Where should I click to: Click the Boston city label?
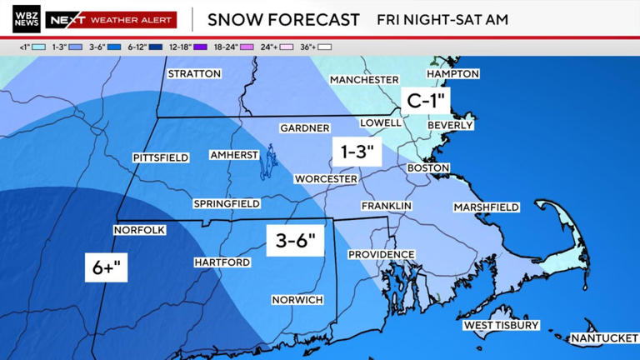pyautogui.click(x=428, y=168)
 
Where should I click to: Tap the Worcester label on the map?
pyautogui.click(x=326, y=179)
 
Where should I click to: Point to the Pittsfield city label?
pyautogui.click(x=161, y=157)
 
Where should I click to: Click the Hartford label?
pyautogui.click(x=222, y=262)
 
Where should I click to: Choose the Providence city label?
pyautogui.click(x=381, y=254)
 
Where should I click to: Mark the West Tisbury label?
pyautogui.click(x=502, y=325)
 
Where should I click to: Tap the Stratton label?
pyautogui.click(x=194, y=74)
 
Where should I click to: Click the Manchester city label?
pyautogui.click(x=364, y=80)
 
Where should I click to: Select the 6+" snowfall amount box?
pyautogui.click(x=106, y=267)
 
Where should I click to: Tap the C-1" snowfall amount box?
pyautogui.click(x=426, y=102)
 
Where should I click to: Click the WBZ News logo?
pyautogui.click(x=26, y=19)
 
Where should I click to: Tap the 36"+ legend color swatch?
pyautogui.click(x=324, y=47)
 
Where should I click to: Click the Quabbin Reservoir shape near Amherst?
pyautogui.click(x=267, y=162)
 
